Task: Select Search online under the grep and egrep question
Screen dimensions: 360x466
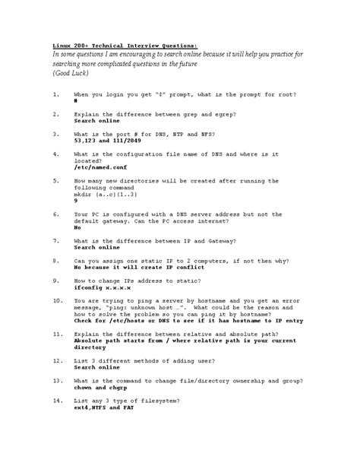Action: tap(97, 121)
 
